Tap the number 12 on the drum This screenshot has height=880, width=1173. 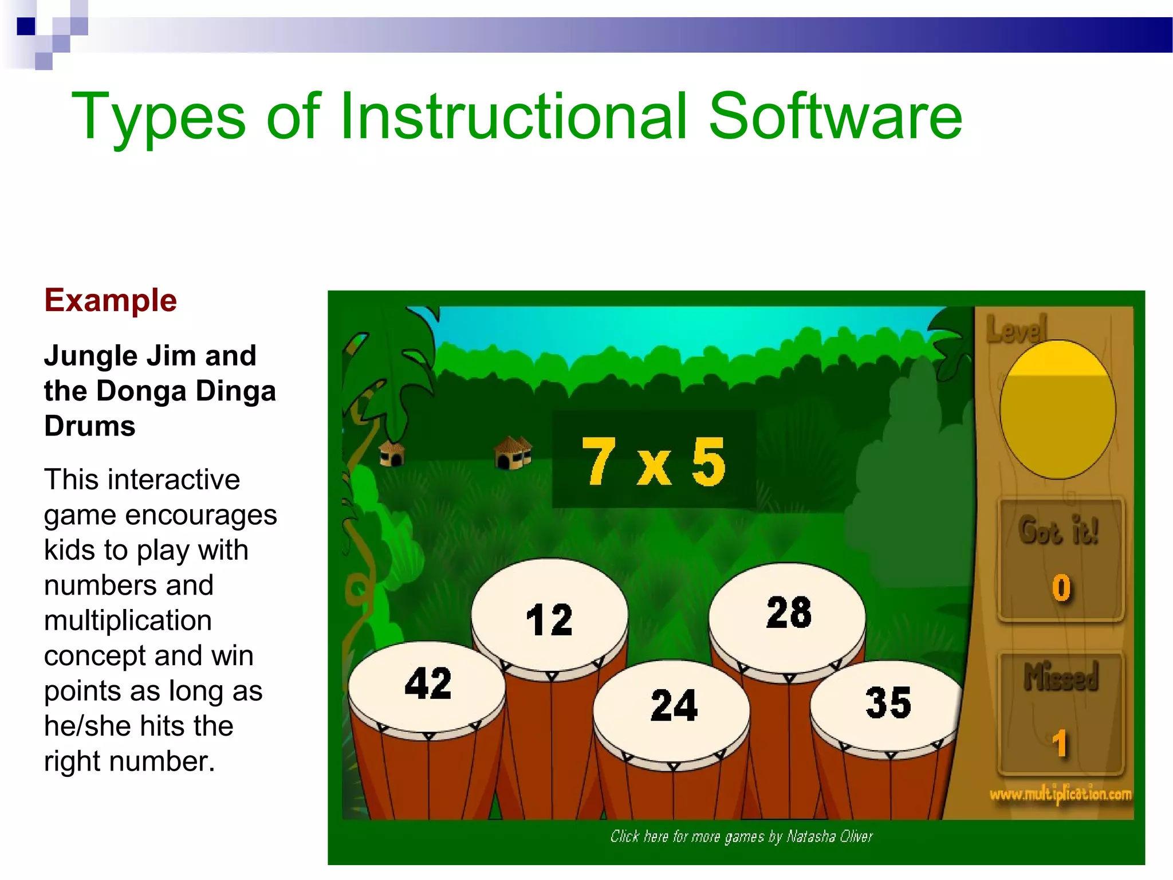point(549,620)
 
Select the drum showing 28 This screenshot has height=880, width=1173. point(788,612)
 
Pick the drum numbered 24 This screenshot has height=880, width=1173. point(673,705)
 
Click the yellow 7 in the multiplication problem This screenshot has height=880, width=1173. point(598,461)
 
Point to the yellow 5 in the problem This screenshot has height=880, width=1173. point(708,461)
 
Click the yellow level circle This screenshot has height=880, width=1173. point(1057,410)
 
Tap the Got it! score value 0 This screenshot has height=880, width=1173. point(1061,588)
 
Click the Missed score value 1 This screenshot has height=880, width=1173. point(1060,744)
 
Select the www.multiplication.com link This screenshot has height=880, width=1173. point(1060,795)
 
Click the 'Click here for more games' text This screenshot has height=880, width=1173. point(741,837)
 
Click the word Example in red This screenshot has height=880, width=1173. point(111,301)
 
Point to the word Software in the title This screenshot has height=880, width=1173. point(835,117)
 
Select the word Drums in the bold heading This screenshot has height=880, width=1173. point(90,426)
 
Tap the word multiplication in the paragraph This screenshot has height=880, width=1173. point(128,620)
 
